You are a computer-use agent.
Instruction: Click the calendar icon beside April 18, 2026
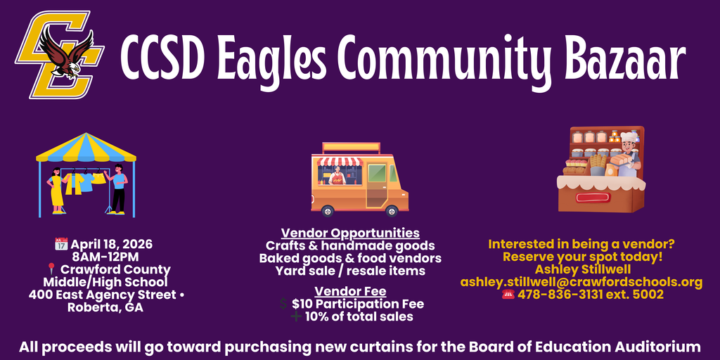click(60, 245)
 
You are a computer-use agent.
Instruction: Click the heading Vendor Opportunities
click(350, 233)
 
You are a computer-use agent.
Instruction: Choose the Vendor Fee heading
click(350, 291)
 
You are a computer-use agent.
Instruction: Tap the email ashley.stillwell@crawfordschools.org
click(581, 282)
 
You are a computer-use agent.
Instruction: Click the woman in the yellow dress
click(56, 188)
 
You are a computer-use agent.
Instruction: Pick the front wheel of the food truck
click(392, 210)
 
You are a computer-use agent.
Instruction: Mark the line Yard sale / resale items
click(350, 270)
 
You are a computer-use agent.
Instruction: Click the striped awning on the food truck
click(340, 162)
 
